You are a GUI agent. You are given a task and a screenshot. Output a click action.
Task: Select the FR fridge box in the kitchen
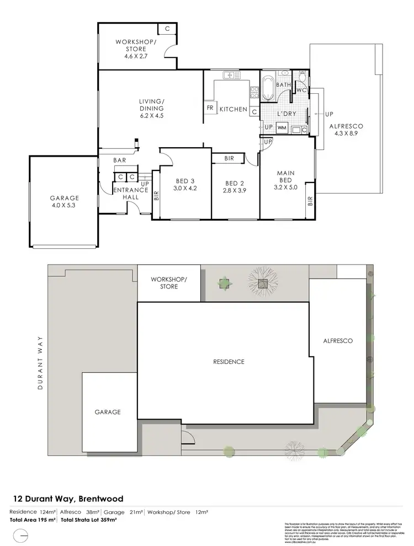210,108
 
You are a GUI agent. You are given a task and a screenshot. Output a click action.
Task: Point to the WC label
301,90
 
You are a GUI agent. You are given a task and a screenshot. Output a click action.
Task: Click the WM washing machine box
282,128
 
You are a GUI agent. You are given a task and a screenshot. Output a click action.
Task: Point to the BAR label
120,160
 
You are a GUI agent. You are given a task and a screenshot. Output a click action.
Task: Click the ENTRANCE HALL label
130,194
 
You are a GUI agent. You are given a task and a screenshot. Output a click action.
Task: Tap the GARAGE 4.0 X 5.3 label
65,202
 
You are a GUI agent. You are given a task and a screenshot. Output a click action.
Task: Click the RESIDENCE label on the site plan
229,362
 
